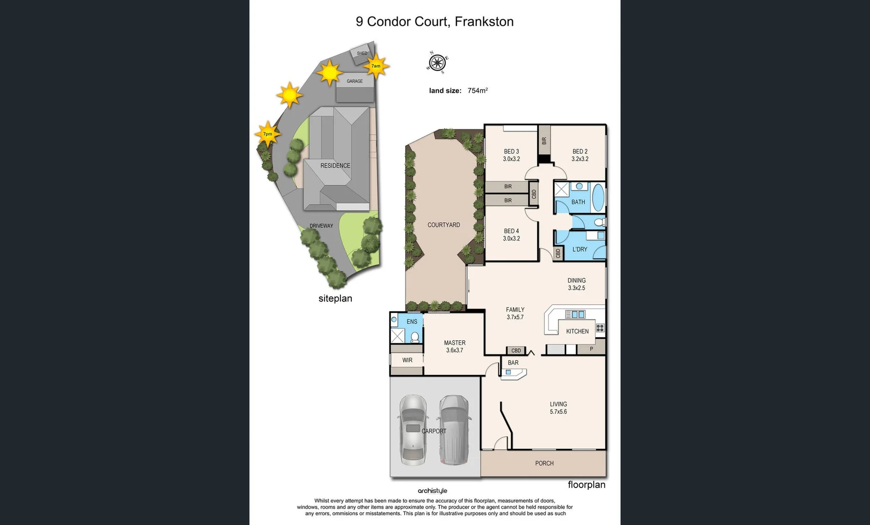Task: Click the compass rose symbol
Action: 437,62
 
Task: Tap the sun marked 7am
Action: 375,66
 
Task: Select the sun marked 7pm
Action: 267,134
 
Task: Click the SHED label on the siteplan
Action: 362,53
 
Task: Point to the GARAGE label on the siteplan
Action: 355,81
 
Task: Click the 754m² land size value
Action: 477,90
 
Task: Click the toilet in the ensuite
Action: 415,337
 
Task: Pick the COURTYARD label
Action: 444,225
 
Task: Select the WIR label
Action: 407,360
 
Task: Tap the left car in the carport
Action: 413,430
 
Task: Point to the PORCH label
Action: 544,463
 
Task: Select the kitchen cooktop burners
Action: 600,328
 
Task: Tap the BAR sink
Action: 509,372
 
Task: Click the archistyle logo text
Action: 432,491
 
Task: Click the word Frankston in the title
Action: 484,21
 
